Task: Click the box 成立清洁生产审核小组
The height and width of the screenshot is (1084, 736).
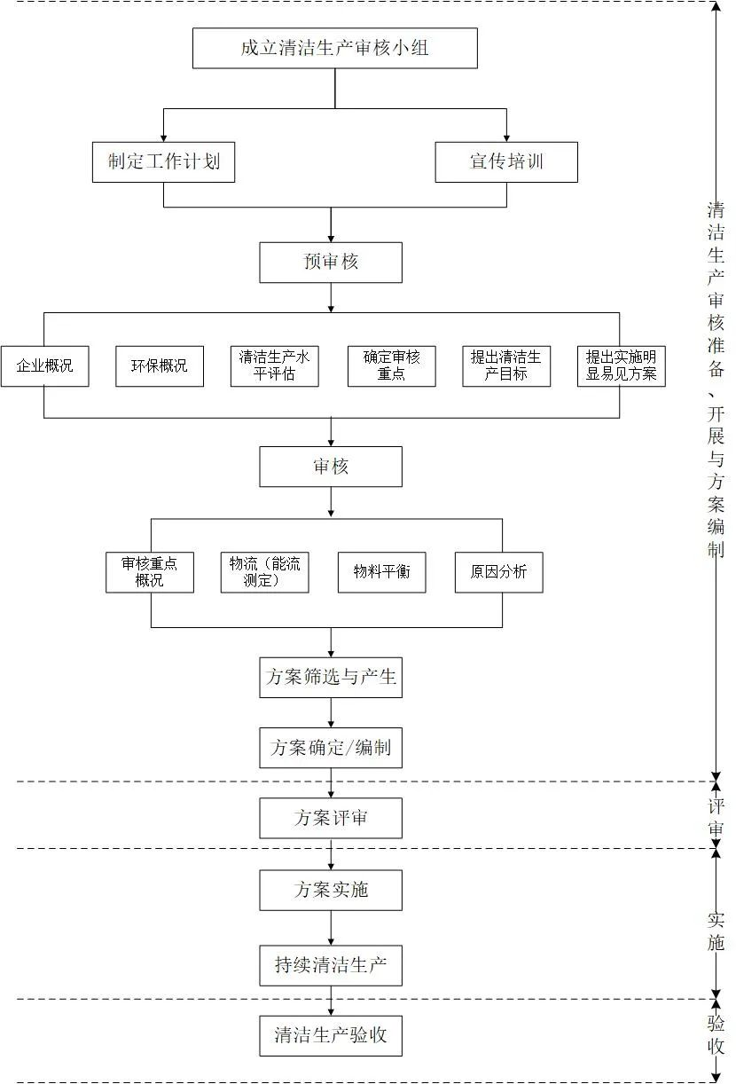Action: click(x=334, y=48)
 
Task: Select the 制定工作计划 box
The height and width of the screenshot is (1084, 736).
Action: click(x=164, y=161)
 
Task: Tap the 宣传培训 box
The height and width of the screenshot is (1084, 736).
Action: click(x=506, y=161)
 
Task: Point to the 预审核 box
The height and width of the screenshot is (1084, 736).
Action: click(x=331, y=263)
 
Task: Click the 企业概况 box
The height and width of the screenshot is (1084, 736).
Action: click(x=44, y=365)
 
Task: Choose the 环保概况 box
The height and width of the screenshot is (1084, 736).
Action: click(x=160, y=365)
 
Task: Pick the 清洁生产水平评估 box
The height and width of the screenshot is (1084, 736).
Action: click(x=275, y=365)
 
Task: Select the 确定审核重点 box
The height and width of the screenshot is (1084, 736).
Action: click(x=392, y=365)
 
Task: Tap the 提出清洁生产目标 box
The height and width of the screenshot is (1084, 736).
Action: click(x=506, y=365)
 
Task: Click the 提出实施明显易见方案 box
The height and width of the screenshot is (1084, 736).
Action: click(x=621, y=365)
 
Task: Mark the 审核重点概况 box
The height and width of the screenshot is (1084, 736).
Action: click(x=150, y=572)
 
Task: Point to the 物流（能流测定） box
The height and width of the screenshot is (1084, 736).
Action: click(x=265, y=572)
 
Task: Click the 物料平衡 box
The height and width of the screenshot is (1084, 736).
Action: click(x=382, y=572)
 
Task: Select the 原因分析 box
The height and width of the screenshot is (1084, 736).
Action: click(x=498, y=572)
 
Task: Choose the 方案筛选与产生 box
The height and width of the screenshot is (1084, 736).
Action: click(x=331, y=678)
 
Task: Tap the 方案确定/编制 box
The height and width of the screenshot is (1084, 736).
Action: click(x=331, y=748)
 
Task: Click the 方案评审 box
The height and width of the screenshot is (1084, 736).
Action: click(x=331, y=818)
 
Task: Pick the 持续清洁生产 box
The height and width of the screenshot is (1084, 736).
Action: click(x=331, y=966)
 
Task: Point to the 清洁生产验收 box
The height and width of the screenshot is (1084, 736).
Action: click(x=331, y=1035)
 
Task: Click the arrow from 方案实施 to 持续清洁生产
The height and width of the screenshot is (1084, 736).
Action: click(x=331, y=928)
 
